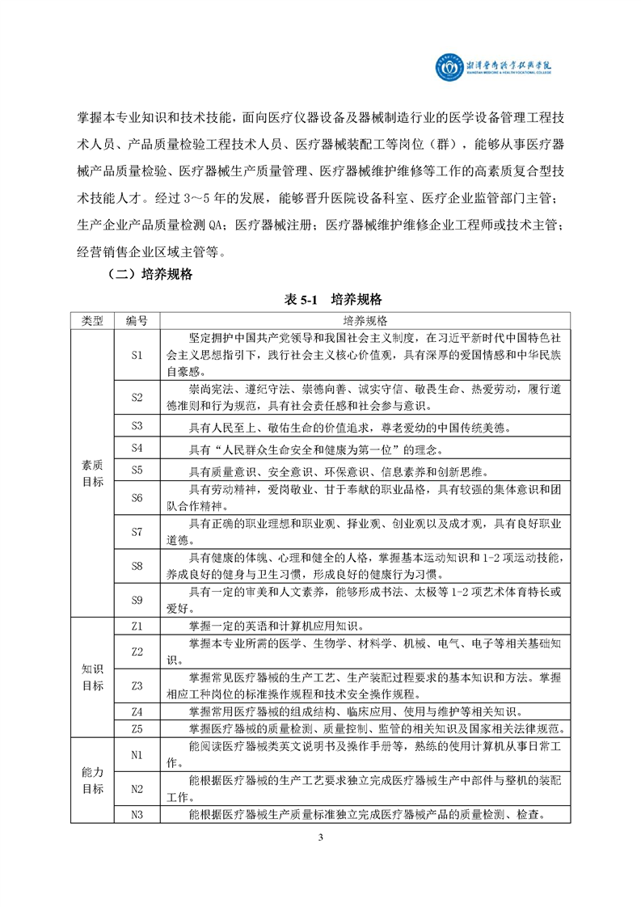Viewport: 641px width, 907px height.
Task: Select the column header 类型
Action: coord(92,320)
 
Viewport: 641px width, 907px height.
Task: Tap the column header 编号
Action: coord(137,320)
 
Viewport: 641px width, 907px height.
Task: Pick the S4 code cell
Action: coord(137,448)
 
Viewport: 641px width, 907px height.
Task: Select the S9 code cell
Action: coord(137,600)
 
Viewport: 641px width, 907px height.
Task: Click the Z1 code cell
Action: coord(137,625)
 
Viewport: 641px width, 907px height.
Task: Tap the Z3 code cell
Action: coord(137,686)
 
